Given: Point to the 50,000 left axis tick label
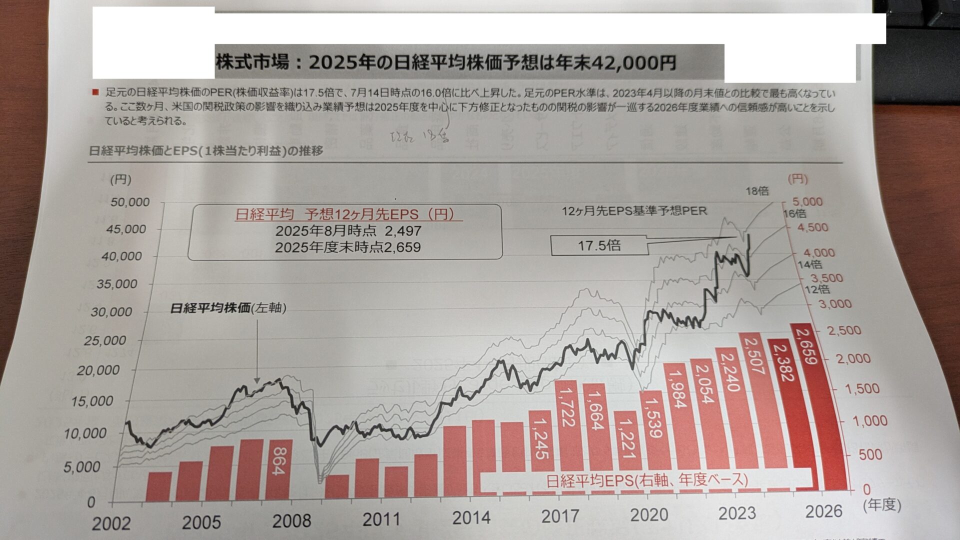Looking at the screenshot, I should click(x=130, y=202).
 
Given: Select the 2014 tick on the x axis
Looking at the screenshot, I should click(x=471, y=518).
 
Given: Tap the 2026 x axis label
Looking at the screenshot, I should click(x=823, y=511).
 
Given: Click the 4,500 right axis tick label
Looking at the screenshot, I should click(x=811, y=227).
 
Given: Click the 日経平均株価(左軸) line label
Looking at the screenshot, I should click(x=228, y=308).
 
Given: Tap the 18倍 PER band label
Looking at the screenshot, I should click(x=757, y=191).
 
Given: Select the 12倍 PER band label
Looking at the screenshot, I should click(x=817, y=289).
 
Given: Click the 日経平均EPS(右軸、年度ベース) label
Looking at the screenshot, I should click(x=646, y=480).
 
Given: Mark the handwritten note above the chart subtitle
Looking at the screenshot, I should click(x=419, y=135).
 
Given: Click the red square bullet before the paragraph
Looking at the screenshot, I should click(x=95, y=92).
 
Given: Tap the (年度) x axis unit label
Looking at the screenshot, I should click(x=881, y=505).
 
